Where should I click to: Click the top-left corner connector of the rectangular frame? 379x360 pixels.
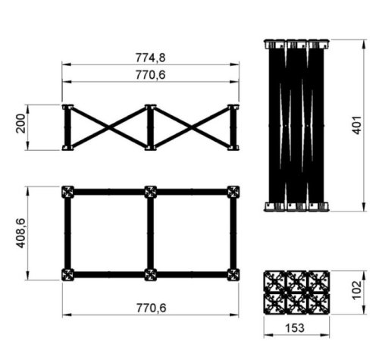[x=68, y=192]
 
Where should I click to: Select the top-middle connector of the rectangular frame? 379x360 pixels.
[x=150, y=192]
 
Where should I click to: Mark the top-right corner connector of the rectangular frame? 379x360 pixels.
[x=233, y=192]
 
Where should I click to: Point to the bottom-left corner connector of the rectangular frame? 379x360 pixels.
[x=68, y=274]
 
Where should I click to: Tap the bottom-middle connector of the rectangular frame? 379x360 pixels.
[x=150, y=274]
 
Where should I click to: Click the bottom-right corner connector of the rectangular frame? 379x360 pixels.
[x=233, y=274]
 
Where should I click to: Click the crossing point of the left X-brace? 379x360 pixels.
[x=109, y=127]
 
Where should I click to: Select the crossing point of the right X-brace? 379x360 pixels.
[x=191, y=127]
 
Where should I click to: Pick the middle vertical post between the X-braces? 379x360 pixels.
[x=150, y=127]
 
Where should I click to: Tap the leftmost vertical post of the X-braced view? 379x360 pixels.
[x=67, y=127]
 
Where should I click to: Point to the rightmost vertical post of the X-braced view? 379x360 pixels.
[x=233, y=127]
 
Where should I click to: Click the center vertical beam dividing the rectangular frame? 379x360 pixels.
[x=150, y=233]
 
